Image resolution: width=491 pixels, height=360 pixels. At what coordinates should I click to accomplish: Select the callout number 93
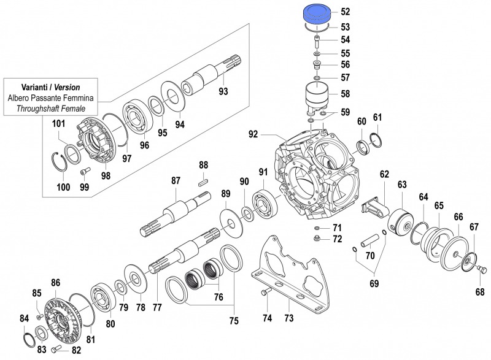point(223,92)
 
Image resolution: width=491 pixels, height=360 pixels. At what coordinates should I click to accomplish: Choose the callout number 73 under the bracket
point(288,318)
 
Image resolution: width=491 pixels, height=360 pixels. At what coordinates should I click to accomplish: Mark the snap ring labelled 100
point(61,164)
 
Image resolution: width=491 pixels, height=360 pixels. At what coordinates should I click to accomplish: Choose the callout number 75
point(234,320)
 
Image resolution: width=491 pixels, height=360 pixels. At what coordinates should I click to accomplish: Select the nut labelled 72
point(318,239)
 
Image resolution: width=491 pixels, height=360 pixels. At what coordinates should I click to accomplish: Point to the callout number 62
point(384,174)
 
